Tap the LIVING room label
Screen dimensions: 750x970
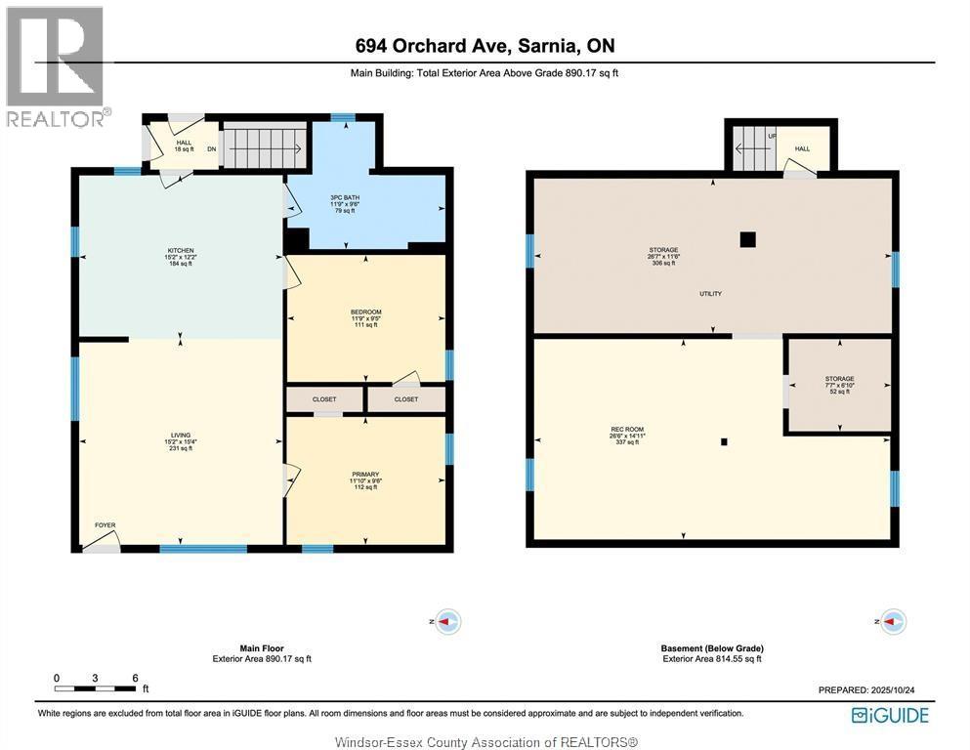point(180,436)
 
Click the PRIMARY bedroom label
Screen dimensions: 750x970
point(365,475)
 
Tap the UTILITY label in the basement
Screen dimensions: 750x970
point(710,294)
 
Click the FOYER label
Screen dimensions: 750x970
point(105,525)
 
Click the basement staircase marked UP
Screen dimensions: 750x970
point(753,149)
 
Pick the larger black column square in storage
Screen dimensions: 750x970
point(747,238)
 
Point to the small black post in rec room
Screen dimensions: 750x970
point(724,441)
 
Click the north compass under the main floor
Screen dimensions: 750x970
point(446,621)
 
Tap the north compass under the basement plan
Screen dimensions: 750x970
point(893,621)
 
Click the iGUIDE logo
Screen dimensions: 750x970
point(890,715)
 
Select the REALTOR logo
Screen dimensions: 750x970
point(56,66)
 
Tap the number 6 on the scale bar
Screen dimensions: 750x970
point(135,678)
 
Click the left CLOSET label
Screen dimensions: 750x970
point(324,399)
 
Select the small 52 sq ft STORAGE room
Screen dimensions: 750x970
point(839,385)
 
